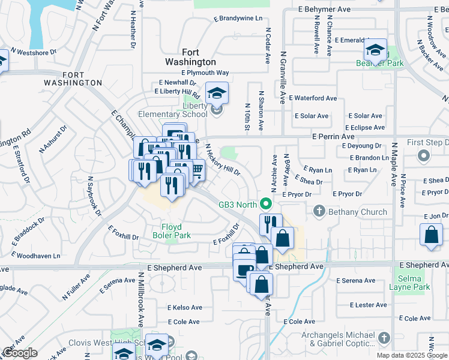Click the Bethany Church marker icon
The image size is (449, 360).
click(318, 211)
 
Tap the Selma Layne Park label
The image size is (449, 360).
click(414, 283)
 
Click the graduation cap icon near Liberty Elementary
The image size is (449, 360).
click(217, 92)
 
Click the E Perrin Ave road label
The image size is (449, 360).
click(334, 136)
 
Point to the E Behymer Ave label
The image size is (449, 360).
click(325, 10)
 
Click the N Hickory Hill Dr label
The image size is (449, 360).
click(223, 160)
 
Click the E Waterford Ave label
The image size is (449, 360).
click(313, 98)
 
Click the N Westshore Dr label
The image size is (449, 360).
click(36, 52)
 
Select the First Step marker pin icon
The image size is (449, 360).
click(423, 157)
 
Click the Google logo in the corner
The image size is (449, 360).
click(20, 353)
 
